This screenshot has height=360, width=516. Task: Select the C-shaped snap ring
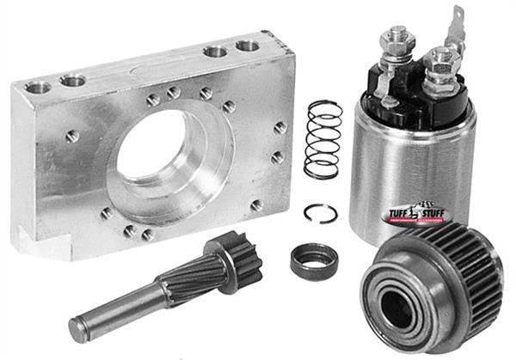coord(320,213)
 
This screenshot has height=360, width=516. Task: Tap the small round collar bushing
coord(313,260)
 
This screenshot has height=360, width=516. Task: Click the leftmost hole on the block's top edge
coord(39,87)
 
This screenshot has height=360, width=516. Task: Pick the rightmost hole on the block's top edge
coord(248,46)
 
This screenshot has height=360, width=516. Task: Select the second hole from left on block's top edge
coord(72,81)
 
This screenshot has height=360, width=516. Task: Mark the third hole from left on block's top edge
coord(215,52)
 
